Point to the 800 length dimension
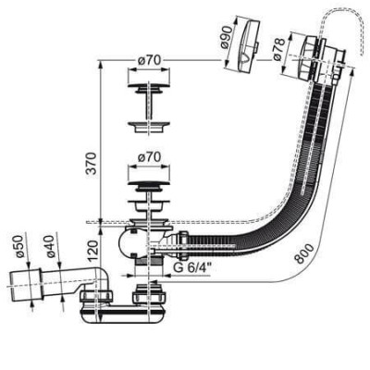[305, 253]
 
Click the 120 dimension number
[92, 247]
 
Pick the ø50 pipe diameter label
[19, 246]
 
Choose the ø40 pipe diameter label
[49, 246]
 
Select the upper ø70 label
[149, 60]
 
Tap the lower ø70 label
[149, 157]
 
